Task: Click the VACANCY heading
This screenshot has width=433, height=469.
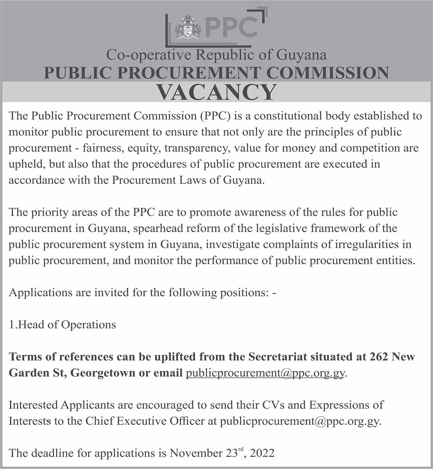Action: (216, 92)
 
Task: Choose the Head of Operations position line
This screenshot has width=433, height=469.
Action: (63, 325)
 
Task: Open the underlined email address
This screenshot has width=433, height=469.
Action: (265, 373)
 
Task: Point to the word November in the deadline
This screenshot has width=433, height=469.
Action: (193, 453)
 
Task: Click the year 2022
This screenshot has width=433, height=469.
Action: (262, 453)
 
